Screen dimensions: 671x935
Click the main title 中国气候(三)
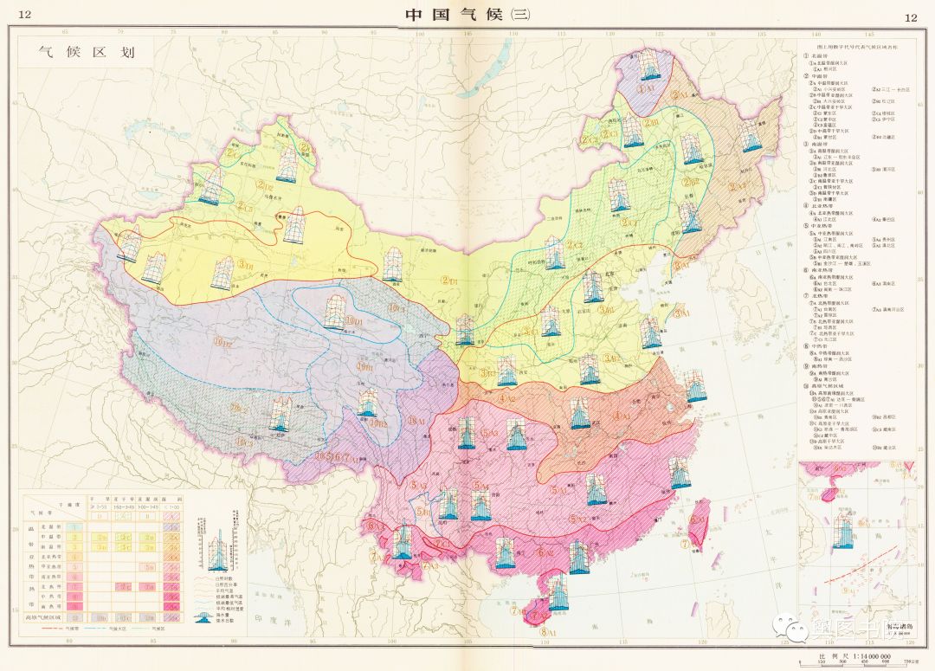[x=467, y=15]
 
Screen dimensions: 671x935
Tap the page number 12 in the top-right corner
[x=910, y=16]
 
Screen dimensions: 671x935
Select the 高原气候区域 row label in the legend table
[x=42, y=617]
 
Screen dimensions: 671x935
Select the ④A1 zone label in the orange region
[x=621, y=416]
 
